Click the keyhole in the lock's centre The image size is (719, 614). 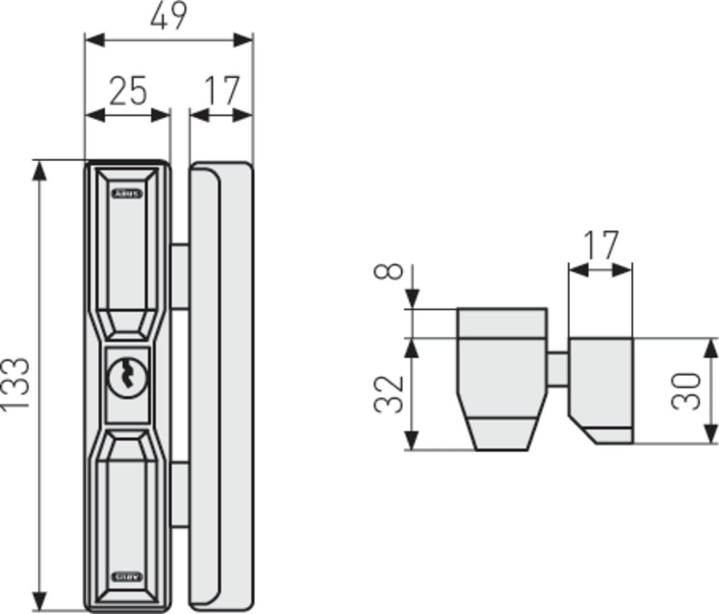[127, 376]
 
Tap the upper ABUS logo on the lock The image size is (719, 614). [127, 194]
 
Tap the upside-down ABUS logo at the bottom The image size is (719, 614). [127, 577]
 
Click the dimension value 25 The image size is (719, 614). [128, 91]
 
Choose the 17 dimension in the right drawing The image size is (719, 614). [601, 246]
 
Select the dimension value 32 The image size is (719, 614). [388, 393]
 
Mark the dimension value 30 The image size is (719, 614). [686, 390]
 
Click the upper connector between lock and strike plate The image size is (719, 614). [180, 276]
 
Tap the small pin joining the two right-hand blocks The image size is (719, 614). [558, 368]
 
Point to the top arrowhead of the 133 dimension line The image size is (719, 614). [40, 170]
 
